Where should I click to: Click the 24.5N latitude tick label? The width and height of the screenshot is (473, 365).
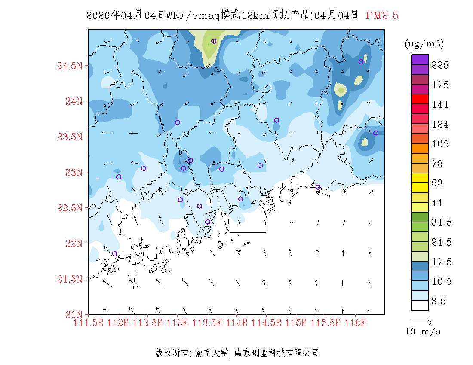(x=69, y=66)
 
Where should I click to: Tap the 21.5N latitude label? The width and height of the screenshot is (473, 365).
(x=69, y=279)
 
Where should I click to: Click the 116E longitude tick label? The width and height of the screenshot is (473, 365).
(x=355, y=322)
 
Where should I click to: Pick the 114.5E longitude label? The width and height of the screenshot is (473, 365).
(x=267, y=322)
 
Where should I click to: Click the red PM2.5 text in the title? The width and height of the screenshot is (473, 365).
(x=382, y=15)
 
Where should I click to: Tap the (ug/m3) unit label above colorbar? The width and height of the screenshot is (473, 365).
(x=424, y=43)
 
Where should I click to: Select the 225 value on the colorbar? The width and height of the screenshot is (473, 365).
(x=440, y=65)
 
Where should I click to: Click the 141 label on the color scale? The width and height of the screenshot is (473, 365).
(x=440, y=105)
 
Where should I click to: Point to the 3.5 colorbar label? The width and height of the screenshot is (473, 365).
(x=439, y=301)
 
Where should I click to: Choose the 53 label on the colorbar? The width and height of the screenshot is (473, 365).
(x=437, y=183)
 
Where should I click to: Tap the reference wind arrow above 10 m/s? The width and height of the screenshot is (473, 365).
(x=421, y=321)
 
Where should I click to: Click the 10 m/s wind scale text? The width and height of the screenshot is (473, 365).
(x=423, y=332)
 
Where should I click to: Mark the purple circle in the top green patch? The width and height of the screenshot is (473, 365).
(x=214, y=41)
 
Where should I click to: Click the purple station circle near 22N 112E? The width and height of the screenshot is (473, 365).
(x=114, y=254)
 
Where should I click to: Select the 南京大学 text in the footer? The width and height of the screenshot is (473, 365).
(x=211, y=353)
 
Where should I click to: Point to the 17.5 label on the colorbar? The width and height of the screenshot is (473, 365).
(x=440, y=262)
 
